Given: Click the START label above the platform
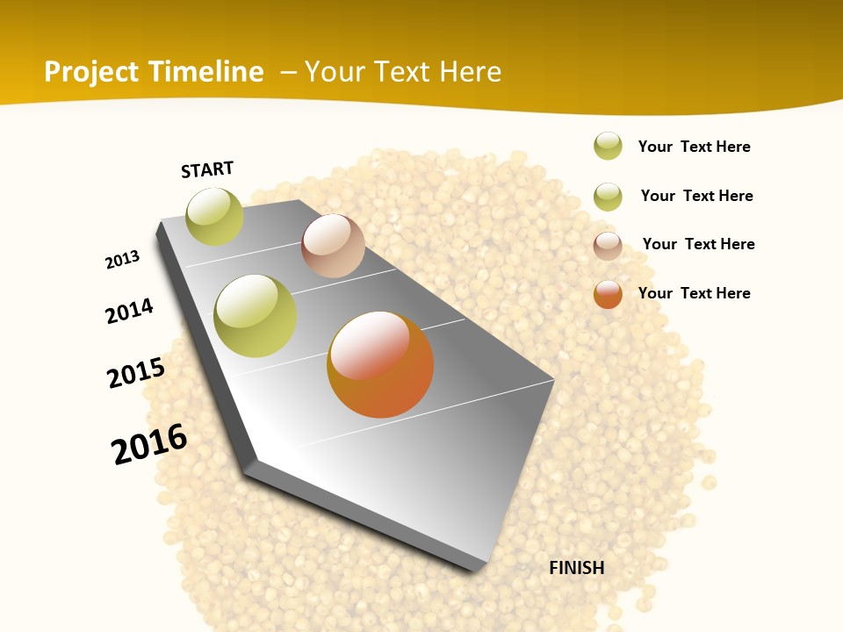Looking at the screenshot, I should [x=207, y=169].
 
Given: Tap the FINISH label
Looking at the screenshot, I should [x=576, y=568].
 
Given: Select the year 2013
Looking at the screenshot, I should [x=122, y=260].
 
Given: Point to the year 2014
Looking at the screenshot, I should [x=129, y=311].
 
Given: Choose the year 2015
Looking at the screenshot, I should [x=136, y=374].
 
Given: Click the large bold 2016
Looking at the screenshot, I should [x=149, y=444].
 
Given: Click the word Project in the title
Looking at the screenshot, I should [x=91, y=72].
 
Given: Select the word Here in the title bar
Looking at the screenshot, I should [x=470, y=72].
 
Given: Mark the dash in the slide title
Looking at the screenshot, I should [x=288, y=72].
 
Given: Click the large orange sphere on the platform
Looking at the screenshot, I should [x=380, y=363].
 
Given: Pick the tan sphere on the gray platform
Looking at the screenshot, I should [x=333, y=246].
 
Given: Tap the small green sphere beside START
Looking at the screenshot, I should [x=214, y=216].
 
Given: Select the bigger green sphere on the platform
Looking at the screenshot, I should [x=255, y=316].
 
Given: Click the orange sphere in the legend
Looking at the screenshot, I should [x=608, y=294].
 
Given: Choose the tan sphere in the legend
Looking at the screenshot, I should [x=608, y=246].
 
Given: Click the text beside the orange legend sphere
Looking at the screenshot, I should [x=694, y=293].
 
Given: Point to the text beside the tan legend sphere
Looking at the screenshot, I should [x=698, y=244].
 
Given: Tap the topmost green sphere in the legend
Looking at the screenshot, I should [x=608, y=146].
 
